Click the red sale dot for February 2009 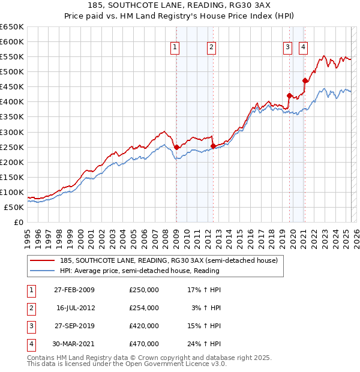[x=176, y=147]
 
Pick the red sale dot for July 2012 [x=213, y=146]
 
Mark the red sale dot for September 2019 [x=289, y=95]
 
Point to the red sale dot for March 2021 [x=305, y=80]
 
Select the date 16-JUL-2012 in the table [x=76, y=308]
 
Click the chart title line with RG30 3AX [x=180, y=6]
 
